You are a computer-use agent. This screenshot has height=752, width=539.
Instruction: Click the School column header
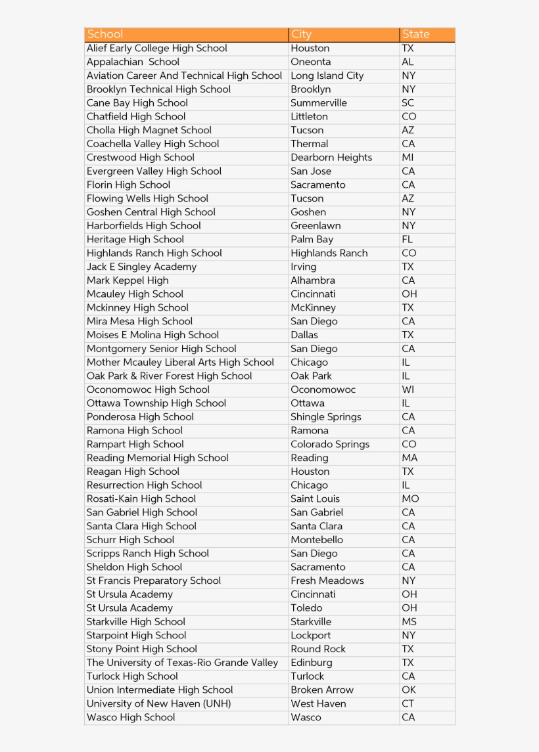pyautogui.click(x=105, y=34)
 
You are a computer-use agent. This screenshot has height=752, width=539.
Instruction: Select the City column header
pyautogui.click(x=301, y=34)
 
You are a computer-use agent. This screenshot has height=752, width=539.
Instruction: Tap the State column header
pyautogui.click(x=415, y=34)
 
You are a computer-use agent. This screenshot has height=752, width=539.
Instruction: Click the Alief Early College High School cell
pyautogui.click(x=156, y=48)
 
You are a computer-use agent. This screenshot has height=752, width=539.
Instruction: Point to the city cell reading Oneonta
pyautogui.click(x=310, y=62)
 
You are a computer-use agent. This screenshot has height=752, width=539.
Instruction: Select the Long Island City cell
pyautogui.click(x=327, y=76)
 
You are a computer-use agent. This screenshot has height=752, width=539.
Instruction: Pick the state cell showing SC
pyautogui.click(x=408, y=103)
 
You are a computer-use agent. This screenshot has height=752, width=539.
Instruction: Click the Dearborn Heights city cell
pyautogui.click(x=331, y=158)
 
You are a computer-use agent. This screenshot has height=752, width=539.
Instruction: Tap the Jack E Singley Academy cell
pyautogui.click(x=141, y=267)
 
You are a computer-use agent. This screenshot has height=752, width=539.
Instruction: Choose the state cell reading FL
pyautogui.click(x=407, y=240)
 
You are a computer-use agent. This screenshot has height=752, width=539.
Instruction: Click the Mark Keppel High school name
pyautogui.click(x=128, y=280)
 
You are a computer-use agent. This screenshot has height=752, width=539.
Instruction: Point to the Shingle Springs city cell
pyautogui.click(x=325, y=417)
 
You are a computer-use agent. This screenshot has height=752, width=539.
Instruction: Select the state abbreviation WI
pyautogui.click(x=408, y=389)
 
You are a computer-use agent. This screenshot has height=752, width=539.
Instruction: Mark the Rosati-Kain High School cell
pyautogui.click(x=141, y=499)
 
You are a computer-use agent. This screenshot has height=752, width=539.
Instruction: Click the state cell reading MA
pyautogui.click(x=410, y=458)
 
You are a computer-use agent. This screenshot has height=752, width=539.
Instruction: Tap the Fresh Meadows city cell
pyautogui.click(x=327, y=581)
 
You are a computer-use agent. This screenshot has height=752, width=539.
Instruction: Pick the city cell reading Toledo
pyautogui.click(x=306, y=608)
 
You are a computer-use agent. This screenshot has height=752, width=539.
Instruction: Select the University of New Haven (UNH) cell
pyautogui.click(x=158, y=703)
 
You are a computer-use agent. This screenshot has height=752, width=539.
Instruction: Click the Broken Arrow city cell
pyautogui.click(x=321, y=690)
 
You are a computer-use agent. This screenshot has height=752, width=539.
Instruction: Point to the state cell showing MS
pyautogui.click(x=409, y=622)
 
